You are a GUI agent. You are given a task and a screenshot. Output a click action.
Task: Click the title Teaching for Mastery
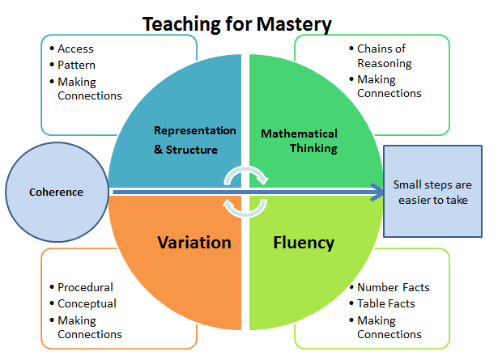pos(237,24)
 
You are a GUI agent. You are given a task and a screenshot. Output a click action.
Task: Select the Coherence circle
pos(57,192)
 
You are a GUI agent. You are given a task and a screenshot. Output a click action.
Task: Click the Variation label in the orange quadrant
pos(194,243)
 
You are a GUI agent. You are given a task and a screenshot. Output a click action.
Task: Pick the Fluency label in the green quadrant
pos(304,243)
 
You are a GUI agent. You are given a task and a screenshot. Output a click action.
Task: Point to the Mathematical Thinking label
pos(299,140)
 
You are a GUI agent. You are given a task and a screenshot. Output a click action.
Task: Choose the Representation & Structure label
pos(195,139)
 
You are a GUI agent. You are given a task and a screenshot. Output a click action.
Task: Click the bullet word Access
pos(75,49)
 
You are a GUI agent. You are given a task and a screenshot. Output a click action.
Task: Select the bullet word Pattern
pos(76,65)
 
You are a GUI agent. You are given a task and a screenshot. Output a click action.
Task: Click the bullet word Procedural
pos(85,287)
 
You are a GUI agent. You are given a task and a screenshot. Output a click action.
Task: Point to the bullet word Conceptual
pos(87,303)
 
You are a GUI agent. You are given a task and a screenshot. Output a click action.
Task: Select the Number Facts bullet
pos(394,287)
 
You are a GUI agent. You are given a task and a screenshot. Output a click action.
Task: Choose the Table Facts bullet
pos(386,303)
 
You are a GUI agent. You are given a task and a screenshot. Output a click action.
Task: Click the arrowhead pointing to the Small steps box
pos(376,192)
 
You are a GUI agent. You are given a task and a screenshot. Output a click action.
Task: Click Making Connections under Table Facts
pos(389,328)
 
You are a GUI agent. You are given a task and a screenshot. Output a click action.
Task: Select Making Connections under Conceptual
pos(89,328)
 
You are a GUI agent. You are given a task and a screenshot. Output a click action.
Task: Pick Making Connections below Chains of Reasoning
pos(389,87)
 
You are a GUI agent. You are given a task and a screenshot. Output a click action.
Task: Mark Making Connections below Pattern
pos(89,89)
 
